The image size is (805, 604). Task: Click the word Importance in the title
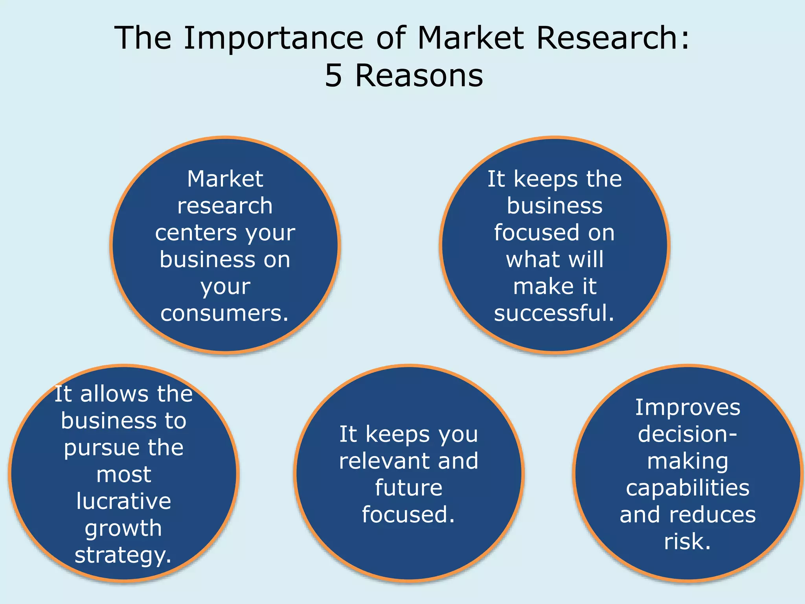click(274, 38)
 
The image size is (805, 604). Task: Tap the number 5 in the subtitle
click(333, 75)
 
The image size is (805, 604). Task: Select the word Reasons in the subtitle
click(419, 75)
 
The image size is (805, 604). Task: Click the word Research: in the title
click(612, 38)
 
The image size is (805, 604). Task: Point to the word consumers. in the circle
click(225, 313)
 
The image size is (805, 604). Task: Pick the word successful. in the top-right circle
click(554, 313)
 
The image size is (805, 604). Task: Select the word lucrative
click(124, 501)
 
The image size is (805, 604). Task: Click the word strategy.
click(123, 555)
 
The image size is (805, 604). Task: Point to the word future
click(409, 488)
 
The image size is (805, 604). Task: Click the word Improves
click(688, 407)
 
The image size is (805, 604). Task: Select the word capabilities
click(688, 488)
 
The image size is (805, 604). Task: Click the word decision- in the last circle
click(688, 434)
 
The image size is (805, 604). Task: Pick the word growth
click(123, 528)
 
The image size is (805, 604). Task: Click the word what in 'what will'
click(527, 260)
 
